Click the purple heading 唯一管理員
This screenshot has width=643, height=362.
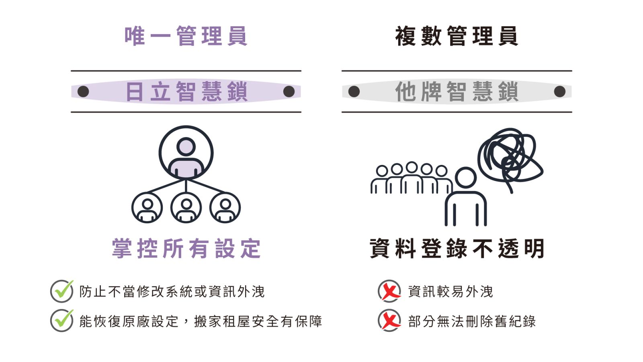(x=186, y=36)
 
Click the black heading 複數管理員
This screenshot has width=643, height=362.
(x=457, y=36)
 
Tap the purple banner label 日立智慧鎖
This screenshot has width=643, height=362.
(x=186, y=91)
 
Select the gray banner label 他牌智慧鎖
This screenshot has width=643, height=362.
(x=457, y=91)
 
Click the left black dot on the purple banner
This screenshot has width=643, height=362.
(x=83, y=92)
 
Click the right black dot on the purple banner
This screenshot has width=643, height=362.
(x=289, y=92)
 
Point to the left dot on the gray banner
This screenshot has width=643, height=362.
(x=354, y=92)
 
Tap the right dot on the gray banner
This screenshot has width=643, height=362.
(x=559, y=92)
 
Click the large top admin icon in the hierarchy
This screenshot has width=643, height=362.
(x=186, y=153)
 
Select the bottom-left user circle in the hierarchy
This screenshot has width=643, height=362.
(x=147, y=208)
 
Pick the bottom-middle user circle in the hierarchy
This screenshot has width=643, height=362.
(x=186, y=208)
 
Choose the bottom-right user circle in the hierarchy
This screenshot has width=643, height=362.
(x=225, y=208)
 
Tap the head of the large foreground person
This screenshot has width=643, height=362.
(x=466, y=177)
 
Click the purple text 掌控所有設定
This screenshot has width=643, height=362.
(x=186, y=249)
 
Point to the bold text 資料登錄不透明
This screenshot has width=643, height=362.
(x=457, y=249)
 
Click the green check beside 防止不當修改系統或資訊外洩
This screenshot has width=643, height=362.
(x=62, y=291)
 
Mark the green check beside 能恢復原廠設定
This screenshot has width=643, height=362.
(x=62, y=320)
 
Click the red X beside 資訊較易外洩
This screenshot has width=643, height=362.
(x=389, y=291)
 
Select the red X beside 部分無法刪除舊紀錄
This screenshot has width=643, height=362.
(x=389, y=320)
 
